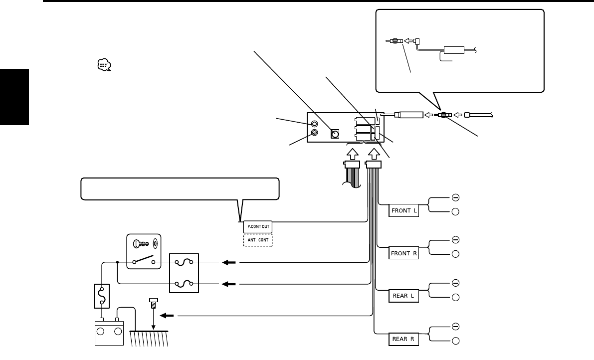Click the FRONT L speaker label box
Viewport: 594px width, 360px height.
pos(403,210)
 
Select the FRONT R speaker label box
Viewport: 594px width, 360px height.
pos(403,253)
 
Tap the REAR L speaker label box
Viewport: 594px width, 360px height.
pos(403,296)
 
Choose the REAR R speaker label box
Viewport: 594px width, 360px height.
pos(403,339)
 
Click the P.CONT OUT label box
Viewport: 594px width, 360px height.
pos(258,227)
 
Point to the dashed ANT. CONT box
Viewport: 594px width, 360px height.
pos(258,240)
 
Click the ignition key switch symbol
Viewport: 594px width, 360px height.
pos(144,251)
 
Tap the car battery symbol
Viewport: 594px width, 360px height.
pos(109,332)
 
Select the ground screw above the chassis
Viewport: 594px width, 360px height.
pos(154,303)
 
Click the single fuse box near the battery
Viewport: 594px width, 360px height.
pos(102,296)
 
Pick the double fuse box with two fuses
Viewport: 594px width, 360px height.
pos(184,273)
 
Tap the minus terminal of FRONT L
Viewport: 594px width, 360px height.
pos(456,197)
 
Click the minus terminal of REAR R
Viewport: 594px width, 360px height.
pos(456,326)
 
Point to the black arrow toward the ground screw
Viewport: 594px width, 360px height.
pos(167,315)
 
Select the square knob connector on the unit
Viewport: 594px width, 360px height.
pos(335,134)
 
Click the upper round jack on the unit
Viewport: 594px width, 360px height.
pos(314,124)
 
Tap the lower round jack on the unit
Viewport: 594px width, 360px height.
pos(314,133)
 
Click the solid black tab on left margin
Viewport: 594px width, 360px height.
pos(14,97)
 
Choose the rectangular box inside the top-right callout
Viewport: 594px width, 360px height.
pos(454,50)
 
